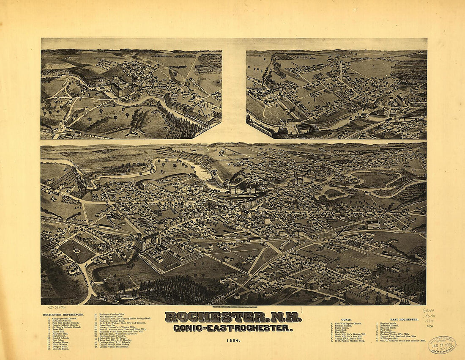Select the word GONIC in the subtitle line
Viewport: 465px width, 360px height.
click(x=186, y=328)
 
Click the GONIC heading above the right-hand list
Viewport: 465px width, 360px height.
click(x=347, y=319)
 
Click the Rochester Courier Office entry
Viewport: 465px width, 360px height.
click(x=110, y=315)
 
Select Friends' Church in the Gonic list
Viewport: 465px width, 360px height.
click(x=342, y=326)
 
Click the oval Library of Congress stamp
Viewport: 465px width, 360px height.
click(x=442, y=344)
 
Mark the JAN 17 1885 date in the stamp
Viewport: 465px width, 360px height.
click(x=442, y=345)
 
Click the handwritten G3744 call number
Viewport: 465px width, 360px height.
click(x=428, y=311)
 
